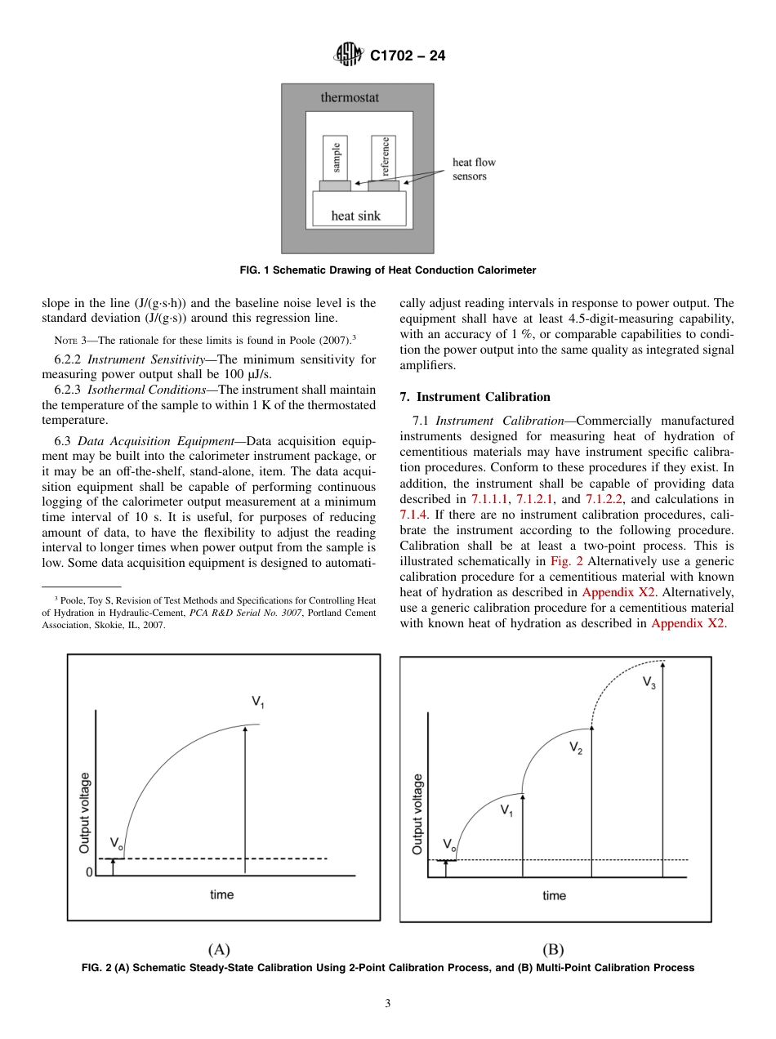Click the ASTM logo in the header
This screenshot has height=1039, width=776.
pyautogui.click(x=349, y=56)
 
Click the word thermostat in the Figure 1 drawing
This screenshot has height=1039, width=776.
pyautogui.click(x=349, y=97)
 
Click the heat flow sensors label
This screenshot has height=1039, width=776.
pyautogui.click(x=474, y=169)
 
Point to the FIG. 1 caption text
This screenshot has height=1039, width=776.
pyautogui.click(x=387, y=270)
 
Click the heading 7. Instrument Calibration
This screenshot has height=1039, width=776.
pyautogui.click(x=475, y=397)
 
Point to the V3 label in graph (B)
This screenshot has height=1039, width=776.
pyautogui.click(x=649, y=682)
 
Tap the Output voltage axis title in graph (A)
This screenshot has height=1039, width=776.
pyautogui.click(x=84, y=813)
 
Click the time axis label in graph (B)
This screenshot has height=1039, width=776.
pyautogui.click(x=554, y=896)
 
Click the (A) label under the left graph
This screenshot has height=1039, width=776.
pyautogui.click(x=219, y=949)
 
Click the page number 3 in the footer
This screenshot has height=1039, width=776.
pyautogui.click(x=388, y=1004)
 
